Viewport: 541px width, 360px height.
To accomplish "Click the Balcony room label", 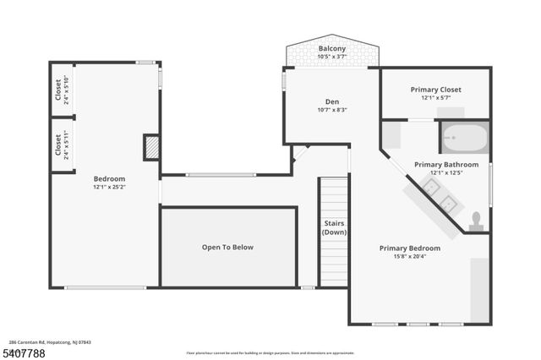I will point(331,49).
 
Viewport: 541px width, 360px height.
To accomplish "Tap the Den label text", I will point(331,101).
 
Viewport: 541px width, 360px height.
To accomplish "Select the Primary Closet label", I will point(434,90).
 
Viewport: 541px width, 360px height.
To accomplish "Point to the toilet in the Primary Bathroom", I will point(476,221).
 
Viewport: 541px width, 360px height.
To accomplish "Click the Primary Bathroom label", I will point(445,165).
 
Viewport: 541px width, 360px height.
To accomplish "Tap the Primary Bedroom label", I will point(409,248).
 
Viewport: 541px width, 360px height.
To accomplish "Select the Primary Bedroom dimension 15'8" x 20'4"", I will point(409,257).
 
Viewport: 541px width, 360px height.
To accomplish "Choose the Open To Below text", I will point(227,248).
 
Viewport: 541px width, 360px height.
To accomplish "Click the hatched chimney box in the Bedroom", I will point(151,148).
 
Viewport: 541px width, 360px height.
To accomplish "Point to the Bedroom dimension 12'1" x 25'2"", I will point(109,188).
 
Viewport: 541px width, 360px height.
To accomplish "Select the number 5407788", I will point(25,352).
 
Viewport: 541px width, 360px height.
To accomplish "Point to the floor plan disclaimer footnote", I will point(270,352).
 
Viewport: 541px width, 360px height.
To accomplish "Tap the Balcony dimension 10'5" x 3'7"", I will point(331,57).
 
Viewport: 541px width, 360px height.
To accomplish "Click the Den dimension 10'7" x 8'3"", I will point(331,109).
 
